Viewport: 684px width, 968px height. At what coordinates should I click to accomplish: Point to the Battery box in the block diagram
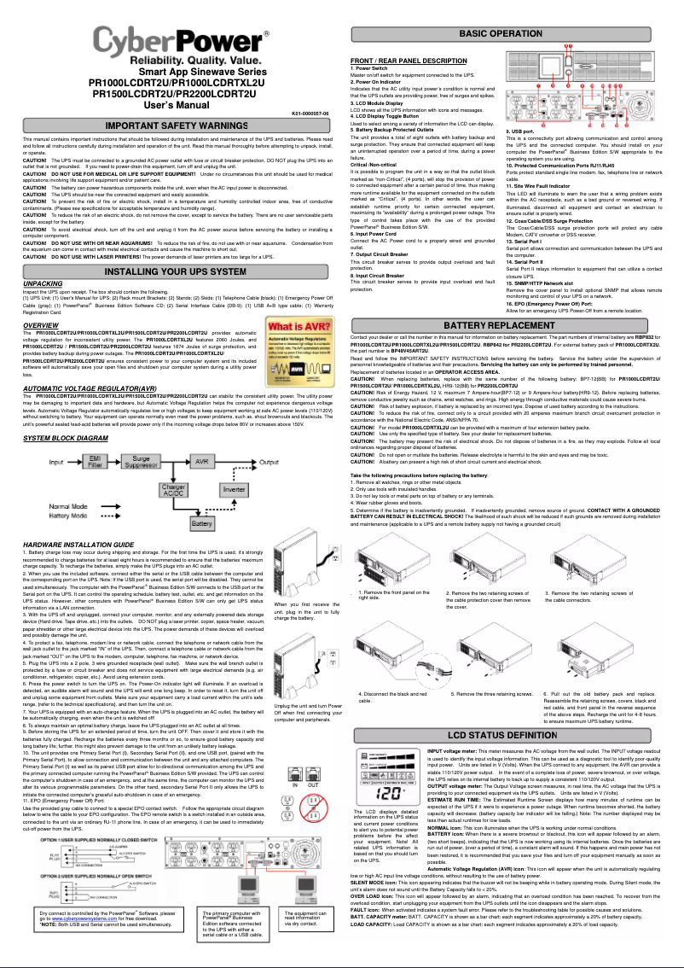tap(202, 522)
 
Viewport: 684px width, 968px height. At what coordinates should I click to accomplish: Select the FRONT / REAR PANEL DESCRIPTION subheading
tap(409, 61)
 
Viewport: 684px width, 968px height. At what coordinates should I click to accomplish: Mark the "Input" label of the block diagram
tap(57, 462)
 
